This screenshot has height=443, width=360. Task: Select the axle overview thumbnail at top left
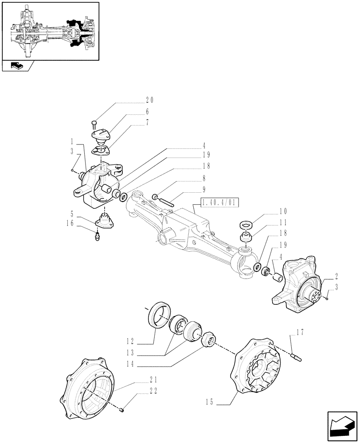pyautogui.click(x=50, y=31)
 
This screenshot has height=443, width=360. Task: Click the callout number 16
pyautogui.click(x=70, y=224)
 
